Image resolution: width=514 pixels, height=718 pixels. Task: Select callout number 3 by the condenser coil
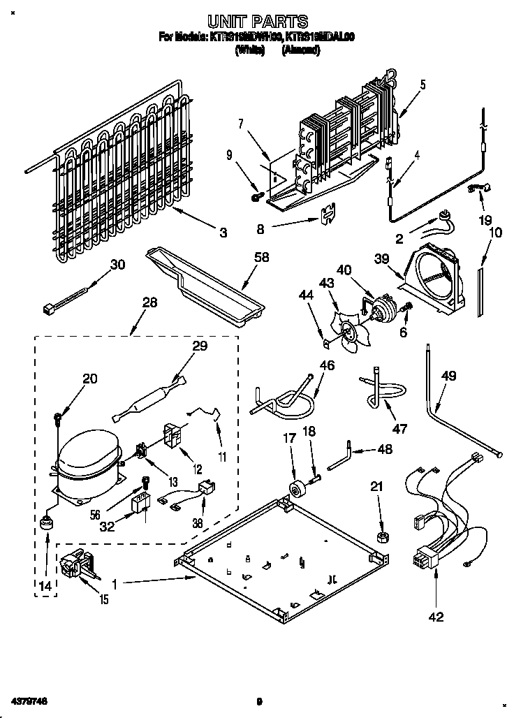point(223,233)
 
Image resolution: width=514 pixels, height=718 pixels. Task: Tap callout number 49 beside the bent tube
point(448,376)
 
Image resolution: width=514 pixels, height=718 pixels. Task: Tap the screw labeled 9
point(256,198)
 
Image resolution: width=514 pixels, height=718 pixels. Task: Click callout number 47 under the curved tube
point(399,429)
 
